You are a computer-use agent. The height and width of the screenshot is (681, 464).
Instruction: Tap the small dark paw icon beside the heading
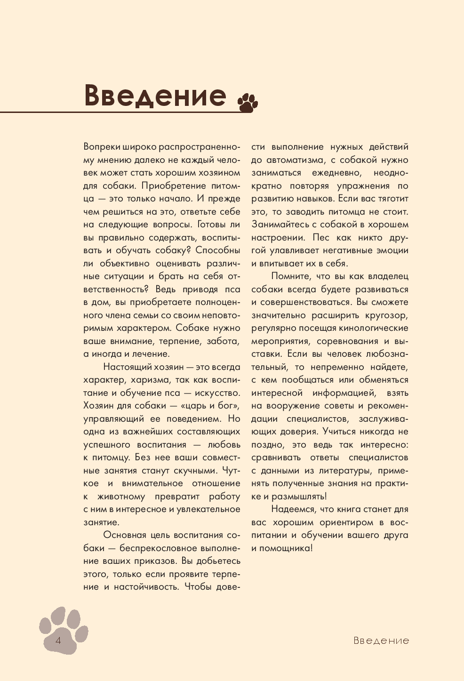point(248,102)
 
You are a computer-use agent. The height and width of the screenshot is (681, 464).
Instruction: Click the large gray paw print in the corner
point(64,631)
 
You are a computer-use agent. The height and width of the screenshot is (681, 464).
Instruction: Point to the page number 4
point(58,641)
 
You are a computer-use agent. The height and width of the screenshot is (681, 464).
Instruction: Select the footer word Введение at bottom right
point(381,641)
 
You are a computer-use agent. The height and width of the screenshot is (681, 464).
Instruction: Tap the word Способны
point(217,250)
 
